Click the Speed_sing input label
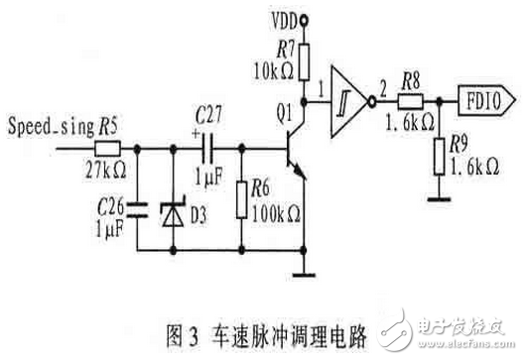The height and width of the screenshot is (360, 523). coord(49,128)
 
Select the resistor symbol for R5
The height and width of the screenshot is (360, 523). coord(109,148)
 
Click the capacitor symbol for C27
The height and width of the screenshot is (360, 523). coord(209,148)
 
